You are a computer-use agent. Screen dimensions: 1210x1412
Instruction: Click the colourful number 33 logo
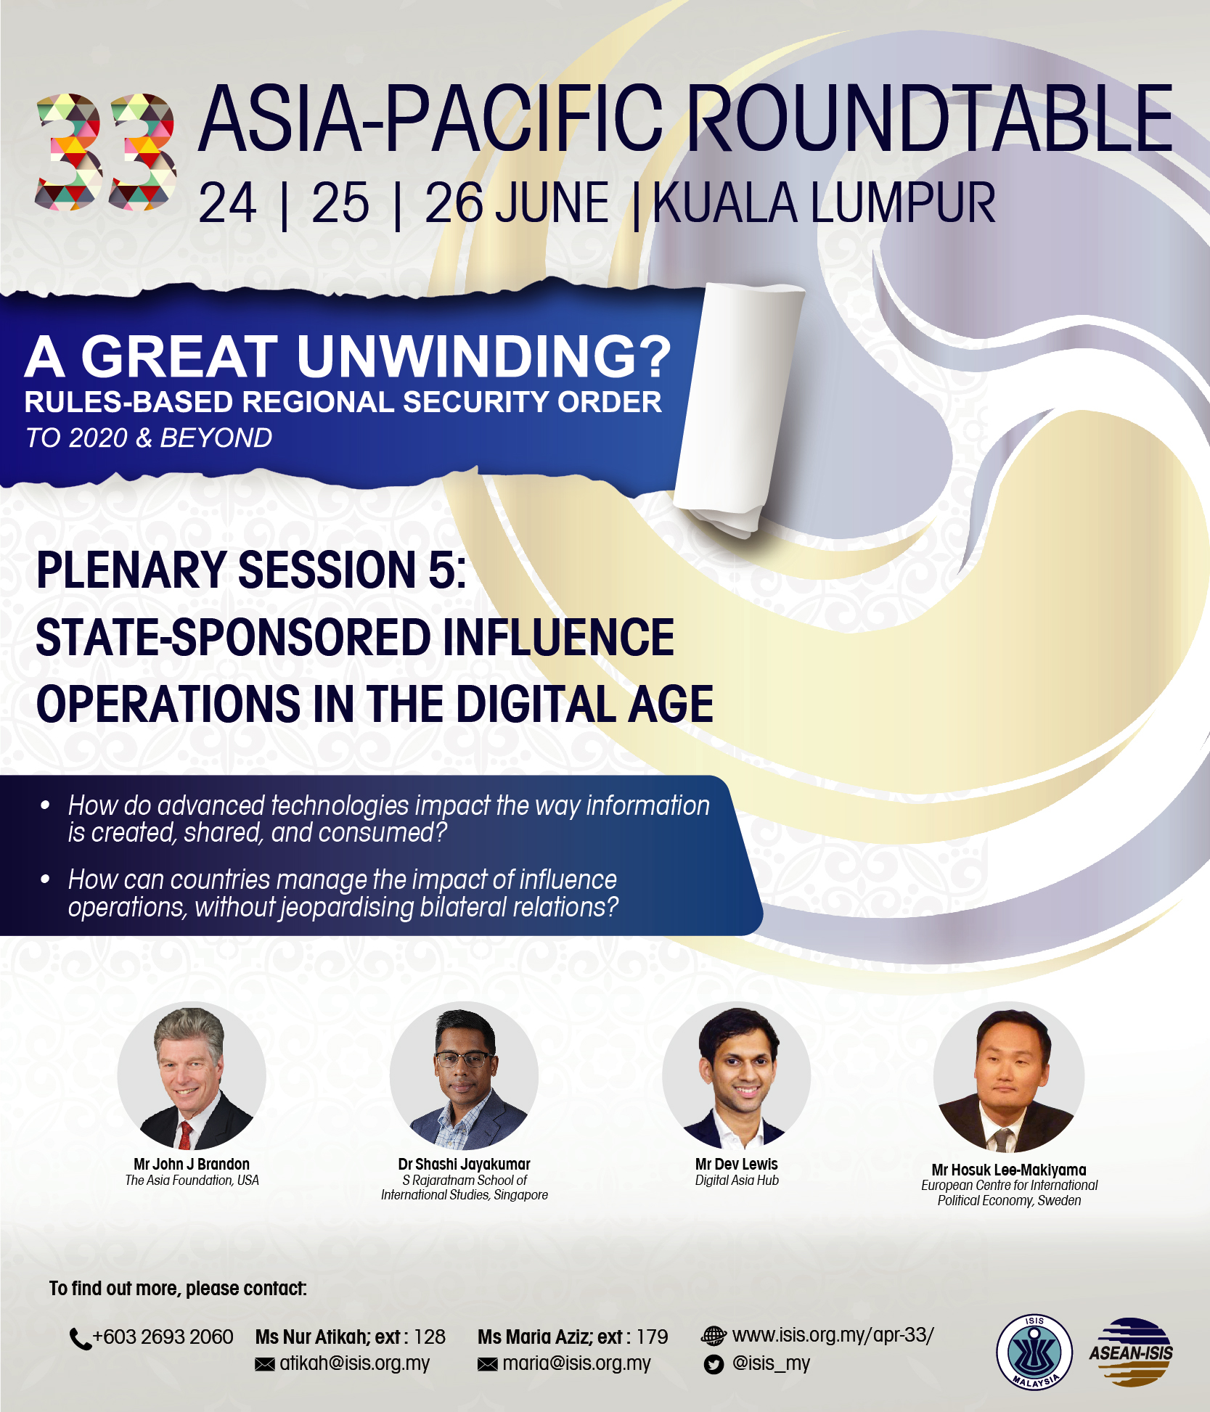(106, 152)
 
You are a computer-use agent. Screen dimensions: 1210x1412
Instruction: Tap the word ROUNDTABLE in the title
(929, 119)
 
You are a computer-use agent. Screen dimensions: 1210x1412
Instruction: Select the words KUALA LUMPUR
(824, 203)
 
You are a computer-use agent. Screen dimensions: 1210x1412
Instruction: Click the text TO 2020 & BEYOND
(149, 438)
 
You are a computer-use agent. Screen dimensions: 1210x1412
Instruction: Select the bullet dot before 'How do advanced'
(45, 805)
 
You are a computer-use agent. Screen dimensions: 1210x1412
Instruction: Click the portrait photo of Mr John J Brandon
(192, 1076)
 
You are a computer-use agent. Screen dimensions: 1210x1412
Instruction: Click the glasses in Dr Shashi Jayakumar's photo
(465, 1059)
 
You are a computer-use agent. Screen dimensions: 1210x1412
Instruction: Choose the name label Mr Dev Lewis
(736, 1164)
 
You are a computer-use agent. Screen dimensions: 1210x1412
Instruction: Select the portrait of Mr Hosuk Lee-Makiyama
(1009, 1078)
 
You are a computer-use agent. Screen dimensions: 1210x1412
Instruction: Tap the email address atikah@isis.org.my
(355, 1363)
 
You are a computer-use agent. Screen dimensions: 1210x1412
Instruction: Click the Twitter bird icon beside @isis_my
(714, 1365)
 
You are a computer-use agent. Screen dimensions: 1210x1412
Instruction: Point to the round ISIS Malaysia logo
(1034, 1352)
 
